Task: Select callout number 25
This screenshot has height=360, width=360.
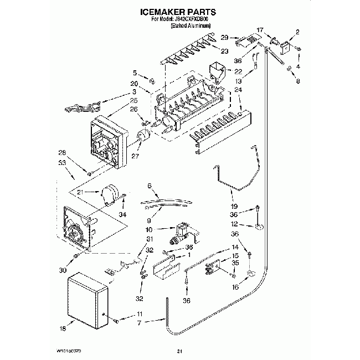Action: click(x=134, y=101)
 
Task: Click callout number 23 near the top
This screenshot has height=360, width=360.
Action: click(x=224, y=52)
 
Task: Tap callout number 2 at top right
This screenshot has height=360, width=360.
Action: click(x=297, y=33)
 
